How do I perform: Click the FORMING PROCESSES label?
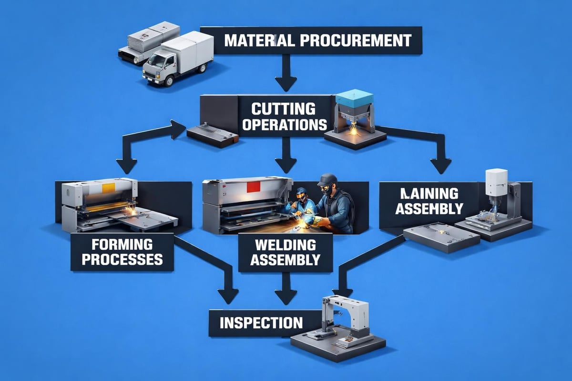pos(125,252)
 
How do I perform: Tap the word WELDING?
pos(286,245)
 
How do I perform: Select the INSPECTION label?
pos(261,322)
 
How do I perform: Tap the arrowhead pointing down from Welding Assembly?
pos(286,296)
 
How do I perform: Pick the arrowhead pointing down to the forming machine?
pos(127,166)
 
